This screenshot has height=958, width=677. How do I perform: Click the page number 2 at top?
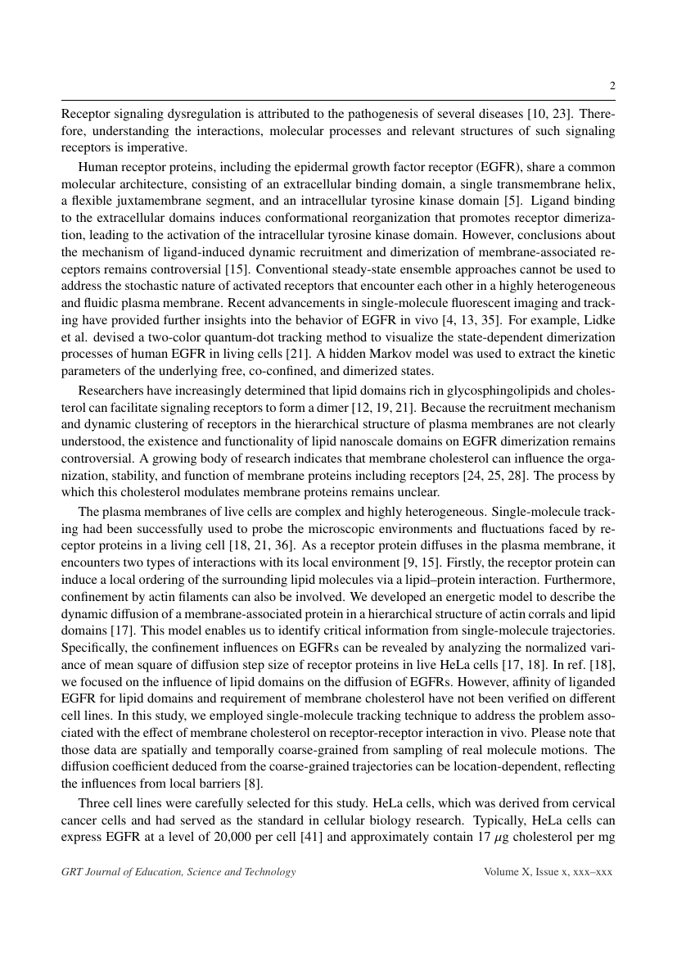[x=612, y=86]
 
